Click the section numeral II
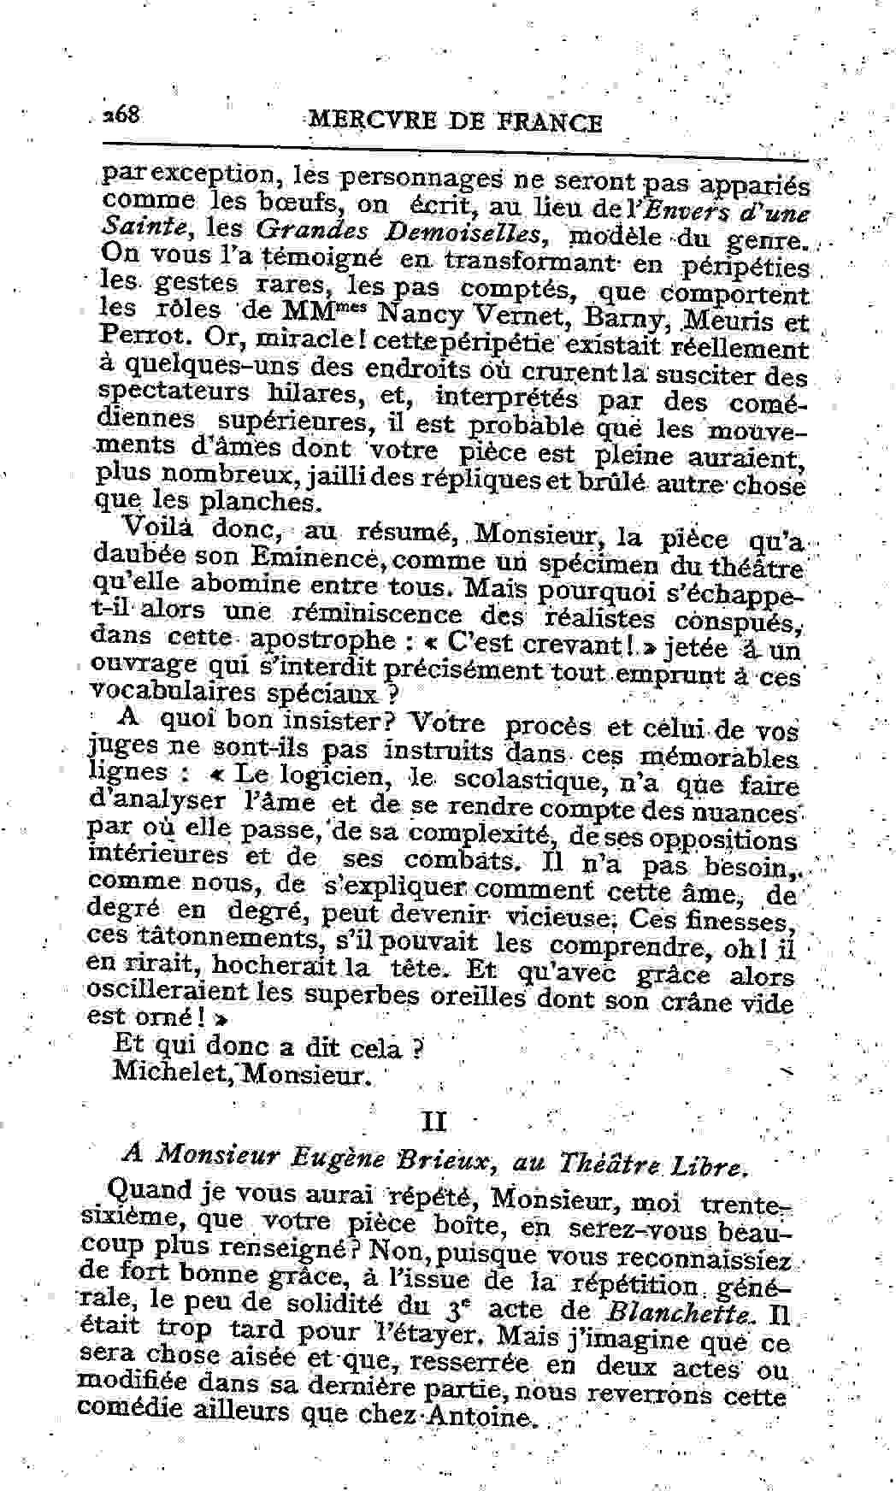coord(434,1120)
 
